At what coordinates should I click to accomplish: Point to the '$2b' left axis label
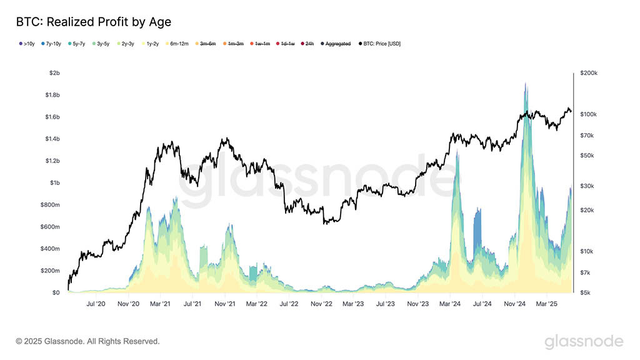[54, 73]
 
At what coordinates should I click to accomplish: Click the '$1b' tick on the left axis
[54, 182]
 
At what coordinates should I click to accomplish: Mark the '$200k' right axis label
[589, 73]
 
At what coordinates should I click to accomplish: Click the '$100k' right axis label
[589, 114]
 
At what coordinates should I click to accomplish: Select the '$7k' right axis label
[585, 273]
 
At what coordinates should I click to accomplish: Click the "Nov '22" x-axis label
[321, 304]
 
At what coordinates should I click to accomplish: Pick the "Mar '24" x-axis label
[450, 304]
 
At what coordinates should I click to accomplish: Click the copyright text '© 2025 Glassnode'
[87, 341]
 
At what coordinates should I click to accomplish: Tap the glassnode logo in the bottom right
[583, 341]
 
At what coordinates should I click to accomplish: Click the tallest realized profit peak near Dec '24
[526, 84]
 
